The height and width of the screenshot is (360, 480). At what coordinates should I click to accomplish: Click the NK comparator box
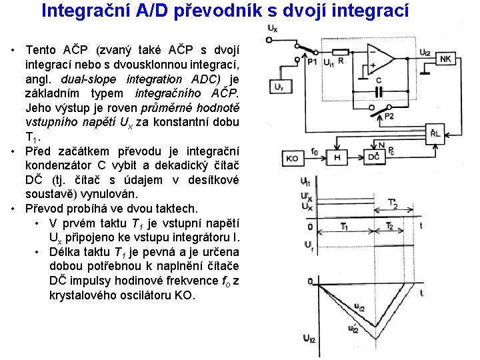click(446, 59)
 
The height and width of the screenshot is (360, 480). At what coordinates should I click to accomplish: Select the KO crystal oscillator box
click(292, 159)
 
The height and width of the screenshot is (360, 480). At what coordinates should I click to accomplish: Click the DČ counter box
click(375, 157)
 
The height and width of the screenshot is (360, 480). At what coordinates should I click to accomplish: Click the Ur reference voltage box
click(279, 87)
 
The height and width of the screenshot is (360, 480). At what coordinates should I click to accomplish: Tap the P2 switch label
click(389, 117)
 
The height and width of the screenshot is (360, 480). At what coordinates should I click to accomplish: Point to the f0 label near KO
click(314, 151)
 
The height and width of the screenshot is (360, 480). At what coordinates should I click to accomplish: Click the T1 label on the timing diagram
click(344, 227)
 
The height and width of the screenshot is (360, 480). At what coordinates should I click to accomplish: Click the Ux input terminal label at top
click(272, 29)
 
